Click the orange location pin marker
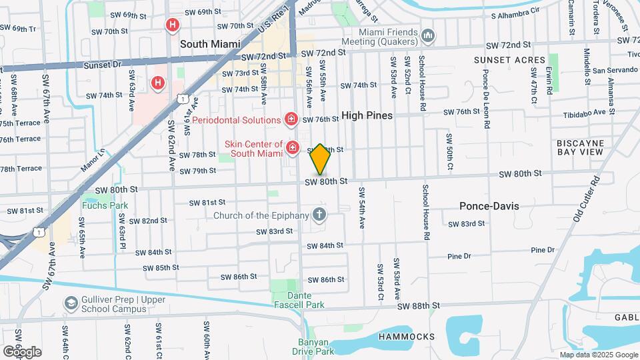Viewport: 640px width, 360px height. point(320,159)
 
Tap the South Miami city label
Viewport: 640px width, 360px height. point(209,43)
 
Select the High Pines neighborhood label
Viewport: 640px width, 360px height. point(367,115)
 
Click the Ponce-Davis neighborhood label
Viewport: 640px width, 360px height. point(489,206)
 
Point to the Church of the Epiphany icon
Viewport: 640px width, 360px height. point(319,215)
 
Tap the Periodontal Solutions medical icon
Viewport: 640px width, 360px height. point(291,120)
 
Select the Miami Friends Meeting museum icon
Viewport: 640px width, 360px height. point(428,35)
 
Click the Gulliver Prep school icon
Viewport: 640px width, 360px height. point(71,304)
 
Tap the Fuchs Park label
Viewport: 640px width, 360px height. point(105,205)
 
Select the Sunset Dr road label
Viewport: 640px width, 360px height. point(103,65)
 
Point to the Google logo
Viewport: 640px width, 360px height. point(22,351)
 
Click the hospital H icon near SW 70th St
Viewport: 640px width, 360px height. point(173,26)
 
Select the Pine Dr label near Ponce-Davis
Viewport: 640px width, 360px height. point(459,256)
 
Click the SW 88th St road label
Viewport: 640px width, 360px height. point(419,306)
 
